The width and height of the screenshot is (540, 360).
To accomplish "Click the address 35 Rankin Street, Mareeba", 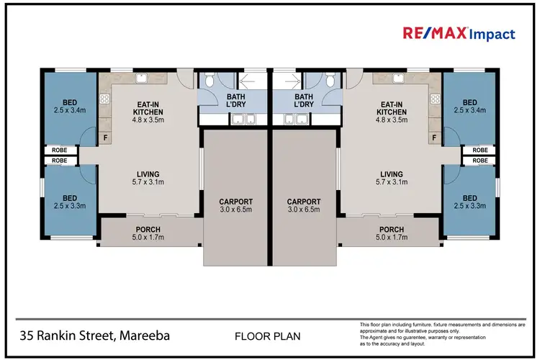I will coord(96,336).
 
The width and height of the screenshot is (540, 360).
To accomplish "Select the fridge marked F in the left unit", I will coord(106,137).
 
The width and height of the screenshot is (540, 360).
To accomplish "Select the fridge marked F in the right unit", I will coord(434,137).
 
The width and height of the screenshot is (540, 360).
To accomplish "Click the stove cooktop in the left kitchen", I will coord(105,99).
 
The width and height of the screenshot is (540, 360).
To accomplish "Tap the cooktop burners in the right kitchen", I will coord(435,99).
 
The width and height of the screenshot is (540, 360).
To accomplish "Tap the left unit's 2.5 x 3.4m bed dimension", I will coord(69,110).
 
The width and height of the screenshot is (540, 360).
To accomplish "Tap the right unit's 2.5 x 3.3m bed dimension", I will coord(470,206).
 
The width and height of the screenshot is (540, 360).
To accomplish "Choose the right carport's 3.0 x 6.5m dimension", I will coord(303,211).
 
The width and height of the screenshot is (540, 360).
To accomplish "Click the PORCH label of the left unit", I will coord(148,230).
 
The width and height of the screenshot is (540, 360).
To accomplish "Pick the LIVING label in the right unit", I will coord(392,174).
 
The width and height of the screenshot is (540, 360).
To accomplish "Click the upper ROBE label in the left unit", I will coord(60,150).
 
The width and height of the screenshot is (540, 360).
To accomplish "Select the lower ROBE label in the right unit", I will coord(480,159).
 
